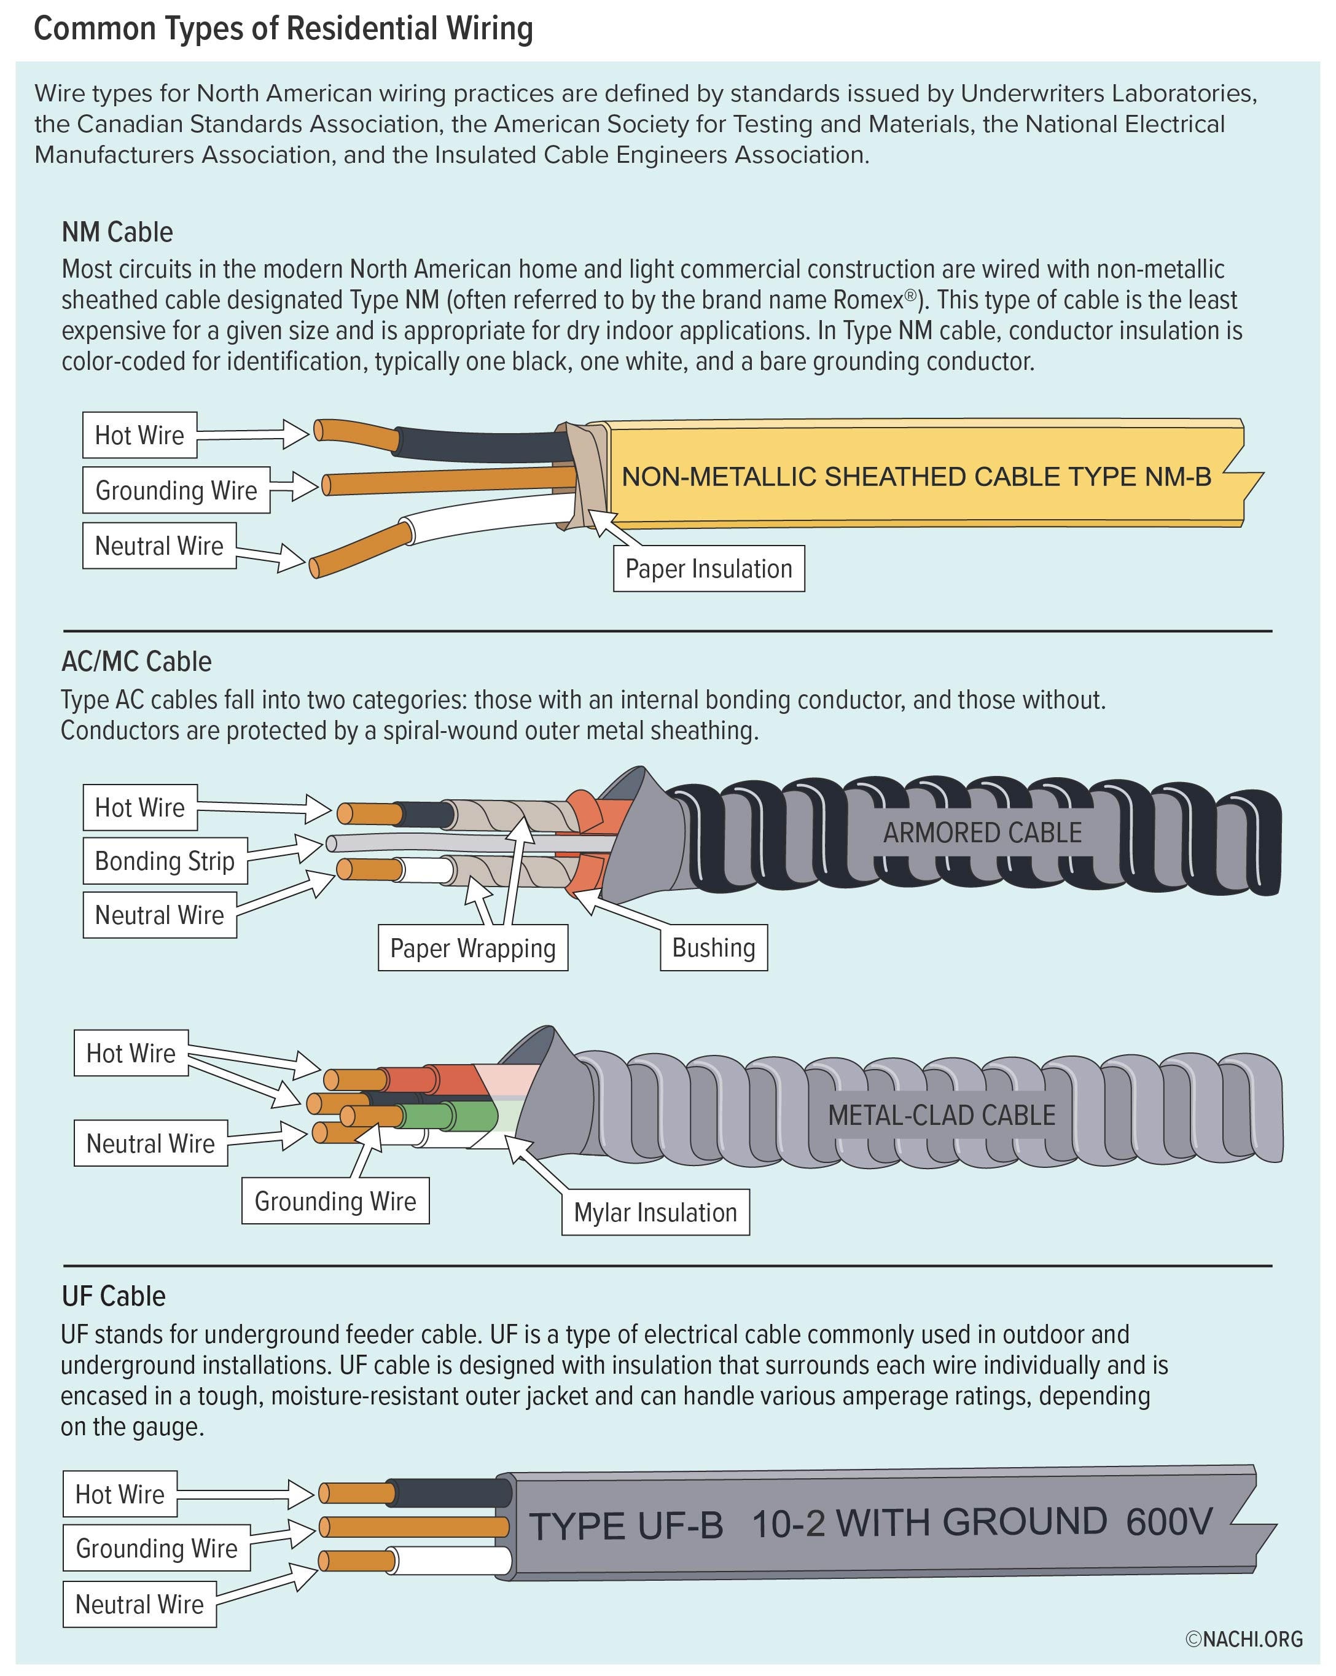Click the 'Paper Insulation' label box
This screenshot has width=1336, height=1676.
click(708, 569)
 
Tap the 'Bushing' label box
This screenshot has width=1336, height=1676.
click(714, 947)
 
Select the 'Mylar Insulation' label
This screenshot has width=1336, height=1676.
click(655, 1212)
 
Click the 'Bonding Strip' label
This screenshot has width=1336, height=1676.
click(165, 861)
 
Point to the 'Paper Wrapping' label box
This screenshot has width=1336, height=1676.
click(472, 947)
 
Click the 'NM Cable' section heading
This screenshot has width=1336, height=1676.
click(117, 232)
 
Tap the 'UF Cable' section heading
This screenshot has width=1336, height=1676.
click(114, 1296)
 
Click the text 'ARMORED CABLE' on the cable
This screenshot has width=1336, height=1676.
click(982, 832)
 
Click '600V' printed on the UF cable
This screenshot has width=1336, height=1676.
click(1169, 1521)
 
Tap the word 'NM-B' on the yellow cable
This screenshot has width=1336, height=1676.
click(1178, 477)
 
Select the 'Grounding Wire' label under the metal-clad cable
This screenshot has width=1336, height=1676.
click(335, 1201)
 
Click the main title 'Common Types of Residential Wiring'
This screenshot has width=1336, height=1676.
click(284, 29)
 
